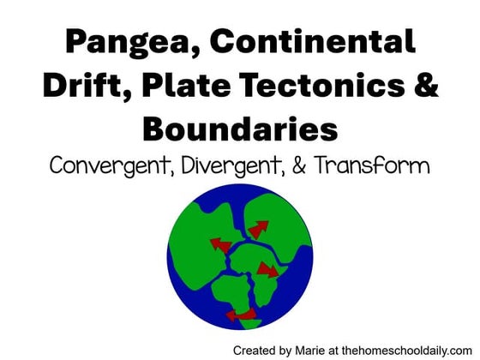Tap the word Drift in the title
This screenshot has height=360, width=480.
87,86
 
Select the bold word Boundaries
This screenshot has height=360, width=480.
240,129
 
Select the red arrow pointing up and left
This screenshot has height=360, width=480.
221,246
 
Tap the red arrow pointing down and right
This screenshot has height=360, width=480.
268,271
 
